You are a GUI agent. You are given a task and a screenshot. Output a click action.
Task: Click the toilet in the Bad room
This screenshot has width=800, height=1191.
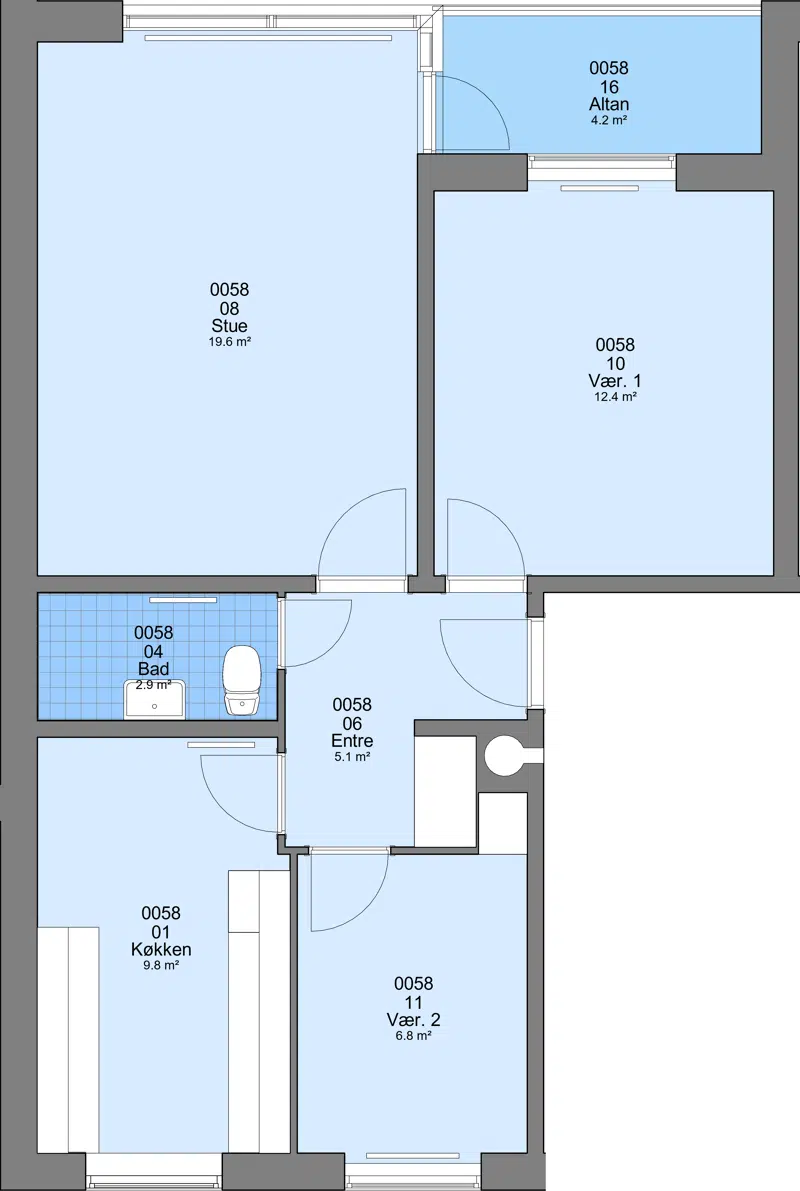tap(242, 681)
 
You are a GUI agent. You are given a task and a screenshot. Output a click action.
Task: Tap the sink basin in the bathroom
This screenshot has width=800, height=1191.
tap(155, 700)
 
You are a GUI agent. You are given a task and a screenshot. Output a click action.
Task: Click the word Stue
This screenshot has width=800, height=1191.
tap(229, 326)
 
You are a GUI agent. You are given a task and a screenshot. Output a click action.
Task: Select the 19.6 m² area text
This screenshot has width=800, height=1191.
tap(229, 342)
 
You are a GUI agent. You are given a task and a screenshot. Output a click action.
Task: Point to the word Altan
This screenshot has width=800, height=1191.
tap(609, 104)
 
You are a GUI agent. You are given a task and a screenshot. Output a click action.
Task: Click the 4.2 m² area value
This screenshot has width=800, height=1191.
tap(609, 120)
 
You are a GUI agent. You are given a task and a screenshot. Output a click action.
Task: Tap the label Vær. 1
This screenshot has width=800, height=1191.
tap(615, 381)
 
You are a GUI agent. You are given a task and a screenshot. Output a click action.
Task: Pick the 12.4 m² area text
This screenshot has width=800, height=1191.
tap(615, 396)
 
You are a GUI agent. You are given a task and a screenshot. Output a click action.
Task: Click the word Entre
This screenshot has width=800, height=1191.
tap(352, 741)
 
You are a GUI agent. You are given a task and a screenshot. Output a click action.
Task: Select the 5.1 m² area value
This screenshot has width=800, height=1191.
tap(352, 757)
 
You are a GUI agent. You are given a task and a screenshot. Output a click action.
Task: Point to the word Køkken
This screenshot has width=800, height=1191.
tap(161, 949)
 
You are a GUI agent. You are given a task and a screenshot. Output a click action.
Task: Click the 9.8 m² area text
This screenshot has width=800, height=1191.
tap(161, 965)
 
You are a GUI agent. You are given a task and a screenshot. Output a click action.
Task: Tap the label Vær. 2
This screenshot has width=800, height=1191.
tap(413, 1019)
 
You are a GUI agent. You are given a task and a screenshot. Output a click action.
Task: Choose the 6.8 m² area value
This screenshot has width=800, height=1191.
tap(413, 1035)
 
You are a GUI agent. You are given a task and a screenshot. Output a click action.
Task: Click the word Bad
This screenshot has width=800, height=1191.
tap(153, 669)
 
